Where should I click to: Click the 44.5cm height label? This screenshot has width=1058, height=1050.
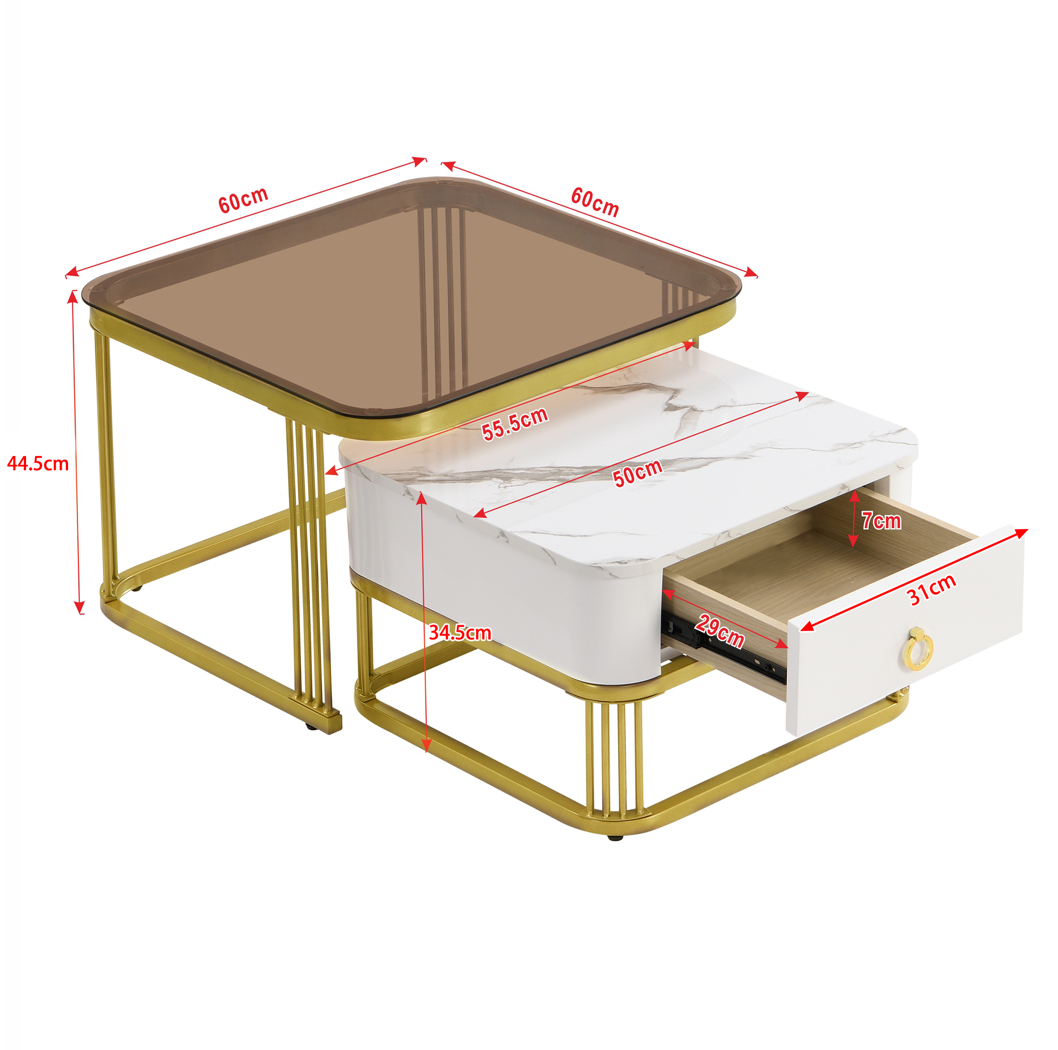38,464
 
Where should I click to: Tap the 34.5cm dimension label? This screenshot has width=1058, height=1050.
460,633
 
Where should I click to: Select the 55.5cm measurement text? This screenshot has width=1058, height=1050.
515,423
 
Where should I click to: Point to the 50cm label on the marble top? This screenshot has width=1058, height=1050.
637,473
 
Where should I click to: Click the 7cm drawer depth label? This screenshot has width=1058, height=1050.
881,520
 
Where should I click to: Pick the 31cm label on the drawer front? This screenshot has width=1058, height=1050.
932,590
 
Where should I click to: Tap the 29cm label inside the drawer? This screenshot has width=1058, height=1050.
720,631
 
